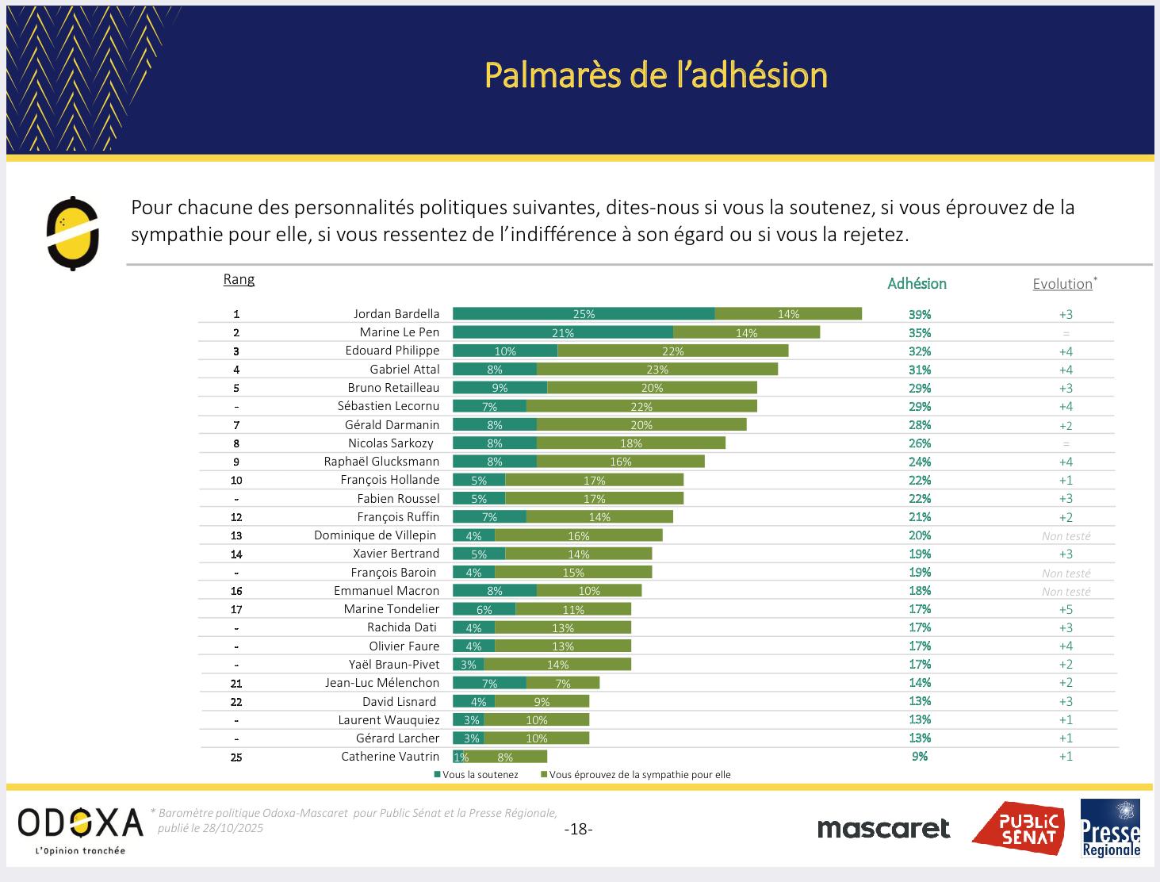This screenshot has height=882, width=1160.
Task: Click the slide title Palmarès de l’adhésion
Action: pyautogui.click(x=656, y=76)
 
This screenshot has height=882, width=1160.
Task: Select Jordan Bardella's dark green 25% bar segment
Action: pyautogui.click(x=584, y=314)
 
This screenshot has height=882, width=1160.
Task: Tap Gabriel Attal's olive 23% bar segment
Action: pyautogui.click(x=657, y=370)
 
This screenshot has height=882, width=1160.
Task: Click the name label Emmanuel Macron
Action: pyautogui.click(x=386, y=591)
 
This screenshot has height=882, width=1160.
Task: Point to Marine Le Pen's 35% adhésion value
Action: pyautogui.click(x=920, y=333)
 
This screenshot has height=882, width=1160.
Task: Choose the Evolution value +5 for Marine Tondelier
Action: pyautogui.click(x=1066, y=610)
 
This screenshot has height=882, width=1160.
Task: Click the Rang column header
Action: pyautogui.click(x=239, y=279)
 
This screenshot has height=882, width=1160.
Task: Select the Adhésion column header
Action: pyautogui.click(x=917, y=284)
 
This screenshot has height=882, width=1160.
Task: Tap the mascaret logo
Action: pyautogui.click(x=883, y=829)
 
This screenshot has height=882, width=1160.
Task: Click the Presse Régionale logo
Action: pyautogui.click(x=1110, y=829)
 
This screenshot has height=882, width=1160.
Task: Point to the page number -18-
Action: pyautogui.click(x=578, y=830)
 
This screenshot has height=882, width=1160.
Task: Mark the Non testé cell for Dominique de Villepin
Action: pyautogui.click(x=1066, y=537)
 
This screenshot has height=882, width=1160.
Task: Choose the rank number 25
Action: pyautogui.click(x=236, y=757)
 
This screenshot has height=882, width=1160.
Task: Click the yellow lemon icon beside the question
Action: pyautogui.click(x=72, y=233)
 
